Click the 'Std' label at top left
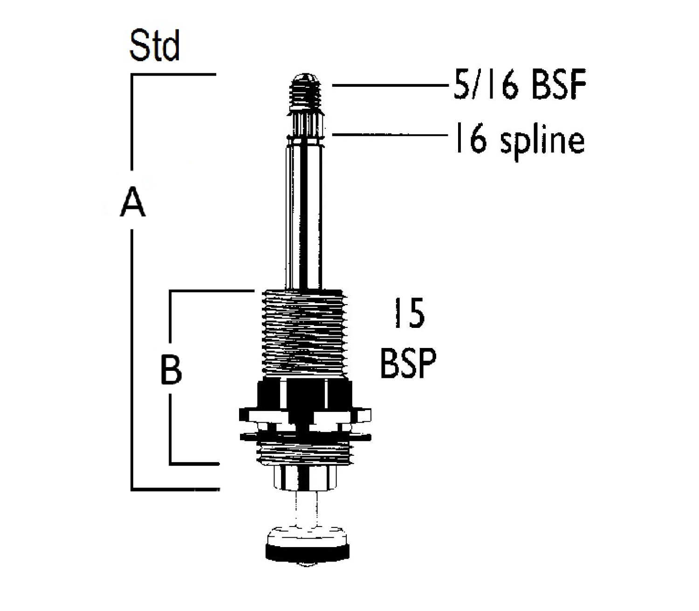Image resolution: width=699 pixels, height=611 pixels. (x=154, y=47)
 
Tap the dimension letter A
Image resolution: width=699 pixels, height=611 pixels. (x=133, y=201)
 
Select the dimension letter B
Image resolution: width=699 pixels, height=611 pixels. (x=171, y=369)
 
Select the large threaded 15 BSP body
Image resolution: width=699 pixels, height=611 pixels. (x=304, y=333)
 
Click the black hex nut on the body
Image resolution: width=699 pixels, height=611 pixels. (x=304, y=394)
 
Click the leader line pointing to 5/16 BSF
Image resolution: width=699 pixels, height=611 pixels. (x=387, y=85)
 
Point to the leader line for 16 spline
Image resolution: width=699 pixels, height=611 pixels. (x=387, y=135)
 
